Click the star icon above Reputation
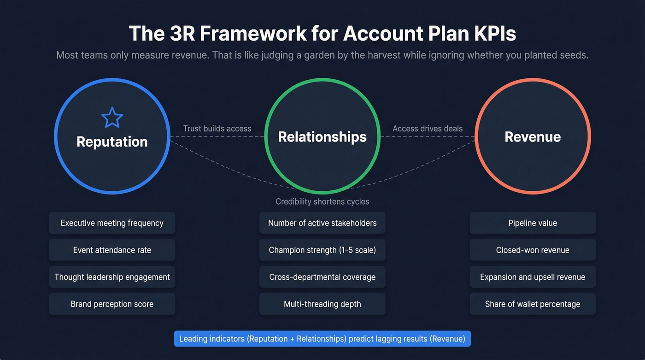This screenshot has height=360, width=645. tap(112, 117)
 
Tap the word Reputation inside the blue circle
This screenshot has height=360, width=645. tap(112, 142)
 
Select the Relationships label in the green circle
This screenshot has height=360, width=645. tap(322, 136)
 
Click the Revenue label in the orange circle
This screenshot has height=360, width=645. tap(533, 136)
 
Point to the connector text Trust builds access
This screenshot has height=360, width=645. tap(217, 129)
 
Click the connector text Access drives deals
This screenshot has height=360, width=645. tap(428, 129)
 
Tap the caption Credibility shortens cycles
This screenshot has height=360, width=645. tap(322, 201)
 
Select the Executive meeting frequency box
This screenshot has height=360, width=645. tap(112, 223)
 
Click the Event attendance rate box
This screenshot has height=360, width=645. tap(112, 250)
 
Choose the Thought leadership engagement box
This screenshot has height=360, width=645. tap(112, 277)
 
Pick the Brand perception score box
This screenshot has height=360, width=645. tap(112, 304)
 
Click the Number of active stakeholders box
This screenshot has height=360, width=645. tap(322, 223)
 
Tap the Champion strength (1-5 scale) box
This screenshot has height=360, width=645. tap(322, 250)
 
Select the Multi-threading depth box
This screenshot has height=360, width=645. tap(322, 304)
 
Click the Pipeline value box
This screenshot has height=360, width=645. tap(533, 223)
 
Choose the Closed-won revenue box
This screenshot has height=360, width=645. tap(533, 250)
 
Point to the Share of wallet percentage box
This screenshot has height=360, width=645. tap(533, 304)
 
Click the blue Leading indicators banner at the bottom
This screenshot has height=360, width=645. tap(322, 339)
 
